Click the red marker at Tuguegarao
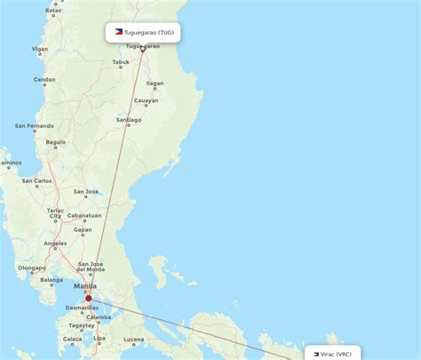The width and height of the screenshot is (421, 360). pyautogui.click(x=142, y=49)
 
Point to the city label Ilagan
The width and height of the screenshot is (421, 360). pyautogui.click(x=155, y=84)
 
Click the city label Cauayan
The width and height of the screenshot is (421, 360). pyautogui.click(x=146, y=100)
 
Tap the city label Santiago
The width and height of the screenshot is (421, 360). pyautogui.click(x=129, y=119)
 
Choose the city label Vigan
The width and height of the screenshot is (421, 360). pyautogui.click(x=38, y=51)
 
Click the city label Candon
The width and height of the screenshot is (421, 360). pyautogui.click(x=44, y=79)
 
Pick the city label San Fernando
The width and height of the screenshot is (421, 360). pyautogui.click(x=34, y=126)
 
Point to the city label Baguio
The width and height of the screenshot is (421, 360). pyautogui.click(x=56, y=142)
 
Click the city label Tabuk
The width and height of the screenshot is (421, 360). pyautogui.click(x=121, y=62)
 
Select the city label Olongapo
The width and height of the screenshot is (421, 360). pyautogui.click(x=32, y=268)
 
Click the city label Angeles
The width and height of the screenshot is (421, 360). pyautogui.click(x=55, y=244)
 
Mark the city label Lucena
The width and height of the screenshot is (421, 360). pyautogui.click(x=133, y=339)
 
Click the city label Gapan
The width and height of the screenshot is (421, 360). pyautogui.click(x=83, y=229)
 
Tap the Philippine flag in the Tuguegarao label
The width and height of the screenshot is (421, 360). pyautogui.click(x=118, y=32)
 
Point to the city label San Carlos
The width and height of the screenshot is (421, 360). pyautogui.click(x=36, y=180)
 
